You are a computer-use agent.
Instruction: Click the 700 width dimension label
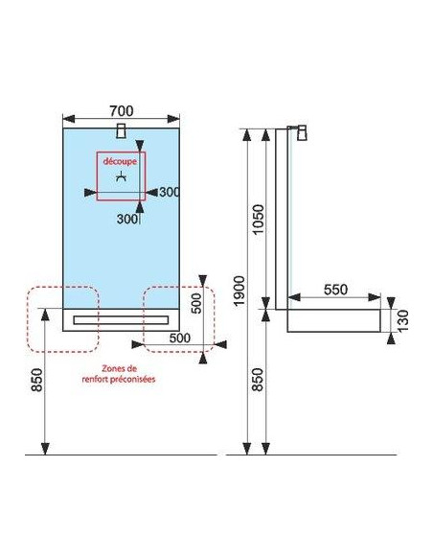[x=122, y=111]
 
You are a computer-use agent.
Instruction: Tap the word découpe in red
[x=120, y=161]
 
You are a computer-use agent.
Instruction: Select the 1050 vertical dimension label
[x=258, y=220]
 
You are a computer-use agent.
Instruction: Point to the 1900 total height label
[x=239, y=291]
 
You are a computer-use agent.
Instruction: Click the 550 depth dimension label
[x=335, y=290]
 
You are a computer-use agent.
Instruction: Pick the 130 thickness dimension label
[x=403, y=320]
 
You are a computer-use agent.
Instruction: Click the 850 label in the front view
[x=37, y=380]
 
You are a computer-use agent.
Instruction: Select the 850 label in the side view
[x=258, y=380]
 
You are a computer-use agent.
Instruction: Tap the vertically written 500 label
[x=196, y=302]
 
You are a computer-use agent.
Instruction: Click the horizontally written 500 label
[x=180, y=338]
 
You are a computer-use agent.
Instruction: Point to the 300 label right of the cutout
[x=169, y=192]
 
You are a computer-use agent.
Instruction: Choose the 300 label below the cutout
[x=127, y=219]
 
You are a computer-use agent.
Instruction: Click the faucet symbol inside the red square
[x=122, y=176]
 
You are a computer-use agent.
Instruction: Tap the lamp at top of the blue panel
[x=122, y=130]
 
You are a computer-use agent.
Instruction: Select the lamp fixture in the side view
[x=302, y=132]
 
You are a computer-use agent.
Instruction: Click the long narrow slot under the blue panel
[x=121, y=319]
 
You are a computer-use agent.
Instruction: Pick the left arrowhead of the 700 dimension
[x=68, y=119]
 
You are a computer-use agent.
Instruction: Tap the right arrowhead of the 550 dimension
[x=375, y=297]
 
